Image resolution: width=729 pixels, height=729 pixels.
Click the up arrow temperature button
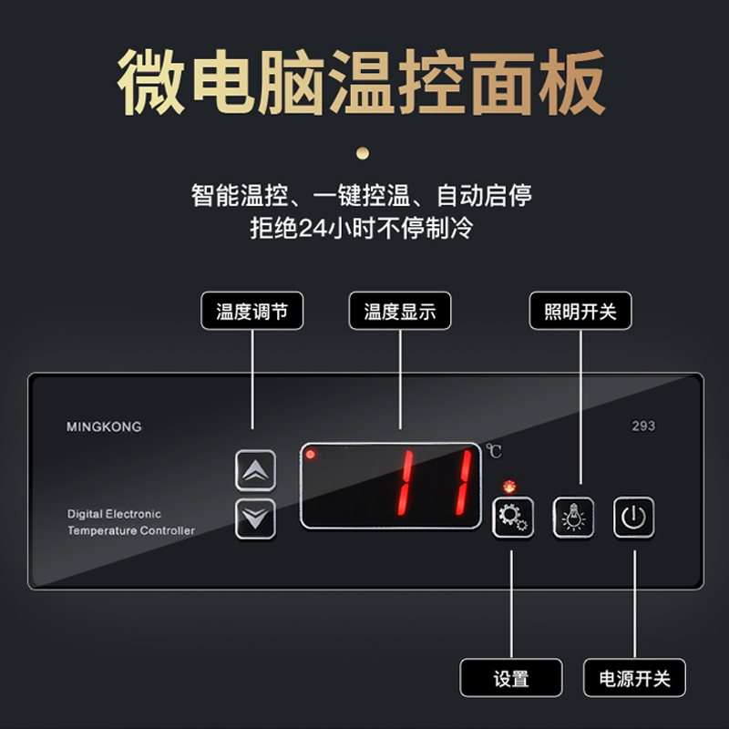click(x=256, y=471)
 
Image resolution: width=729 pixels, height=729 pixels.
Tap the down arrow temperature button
click(x=256, y=519)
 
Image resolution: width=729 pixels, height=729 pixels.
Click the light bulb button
click(x=573, y=518)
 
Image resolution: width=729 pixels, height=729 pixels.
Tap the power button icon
click(x=633, y=518)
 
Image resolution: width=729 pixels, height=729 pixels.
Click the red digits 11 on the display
click(x=437, y=483)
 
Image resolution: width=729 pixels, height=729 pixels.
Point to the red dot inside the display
click(x=311, y=454)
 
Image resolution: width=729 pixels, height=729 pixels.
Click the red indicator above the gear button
click(x=508, y=483)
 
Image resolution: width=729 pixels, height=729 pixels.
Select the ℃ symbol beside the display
click(x=494, y=450)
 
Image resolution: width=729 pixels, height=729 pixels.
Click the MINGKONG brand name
click(x=104, y=426)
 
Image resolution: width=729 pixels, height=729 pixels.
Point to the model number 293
click(x=643, y=426)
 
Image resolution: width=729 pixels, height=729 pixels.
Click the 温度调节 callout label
click(x=252, y=312)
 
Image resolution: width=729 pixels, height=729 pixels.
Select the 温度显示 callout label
click(x=400, y=312)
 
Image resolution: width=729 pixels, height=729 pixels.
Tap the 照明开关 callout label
click(x=580, y=312)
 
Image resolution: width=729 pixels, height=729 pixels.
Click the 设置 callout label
click(x=511, y=679)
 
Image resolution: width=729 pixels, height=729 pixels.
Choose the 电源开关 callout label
click(x=634, y=679)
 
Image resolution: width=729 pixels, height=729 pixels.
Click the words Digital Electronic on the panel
click(x=114, y=514)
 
